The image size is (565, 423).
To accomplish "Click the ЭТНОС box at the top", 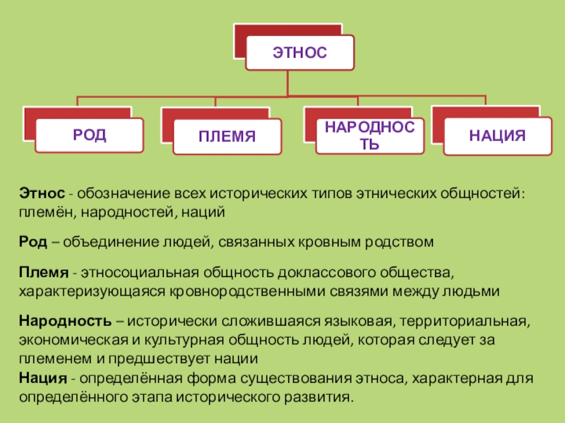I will (299, 54).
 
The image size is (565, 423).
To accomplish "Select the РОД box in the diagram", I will (89, 135).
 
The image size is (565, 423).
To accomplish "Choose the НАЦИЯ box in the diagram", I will (497, 135).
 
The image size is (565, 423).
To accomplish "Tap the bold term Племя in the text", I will (44, 272).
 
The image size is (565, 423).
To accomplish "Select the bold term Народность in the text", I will (65, 321).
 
